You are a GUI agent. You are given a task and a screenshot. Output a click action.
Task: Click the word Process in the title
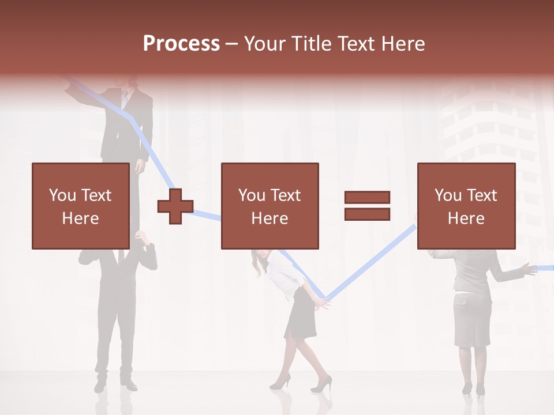(x=181, y=44)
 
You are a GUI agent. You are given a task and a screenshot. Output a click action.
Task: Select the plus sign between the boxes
(x=175, y=206)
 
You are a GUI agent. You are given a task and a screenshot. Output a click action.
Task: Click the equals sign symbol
(x=367, y=206)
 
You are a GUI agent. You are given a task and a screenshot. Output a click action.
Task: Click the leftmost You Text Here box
(x=80, y=206)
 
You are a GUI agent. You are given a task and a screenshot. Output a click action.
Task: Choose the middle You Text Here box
(x=269, y=206)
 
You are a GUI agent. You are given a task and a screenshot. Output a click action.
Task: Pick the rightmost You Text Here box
(x=466, y=206)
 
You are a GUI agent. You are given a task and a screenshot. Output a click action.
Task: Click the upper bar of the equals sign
(x=367, y=198)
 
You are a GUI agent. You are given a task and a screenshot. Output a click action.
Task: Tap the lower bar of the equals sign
(x=367, y=214)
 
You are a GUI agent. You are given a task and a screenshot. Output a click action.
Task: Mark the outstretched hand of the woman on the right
(x=526, y=268)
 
